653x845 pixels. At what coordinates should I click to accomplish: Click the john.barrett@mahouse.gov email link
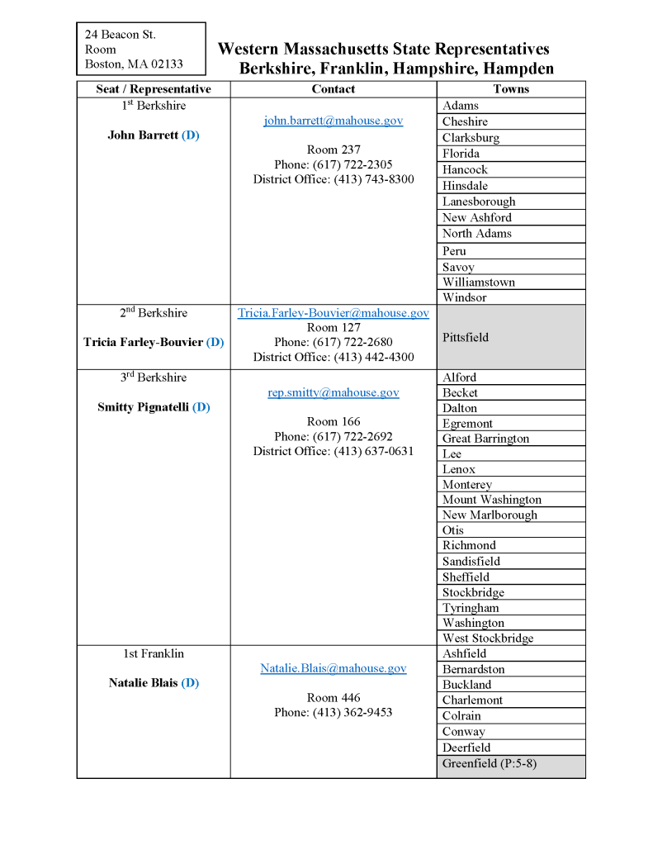(x=333, y=121)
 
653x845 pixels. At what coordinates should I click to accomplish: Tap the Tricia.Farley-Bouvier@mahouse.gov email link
(x=333, y=313)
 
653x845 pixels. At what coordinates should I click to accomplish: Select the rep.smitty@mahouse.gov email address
(x=333, y=392)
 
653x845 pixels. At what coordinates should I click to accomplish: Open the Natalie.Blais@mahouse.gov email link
(x=333, y=668)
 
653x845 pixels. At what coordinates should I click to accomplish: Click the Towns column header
(x=511, y=89)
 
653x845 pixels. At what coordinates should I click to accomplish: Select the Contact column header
(x=333, y=89)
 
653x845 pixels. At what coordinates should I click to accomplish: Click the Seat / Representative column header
(x=154, y=89)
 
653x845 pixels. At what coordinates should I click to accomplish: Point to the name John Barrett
(x=143, y=135)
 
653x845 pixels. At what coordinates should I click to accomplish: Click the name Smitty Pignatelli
(x=144, y=407)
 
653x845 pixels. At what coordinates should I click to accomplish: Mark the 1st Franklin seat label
(x=154, y=653)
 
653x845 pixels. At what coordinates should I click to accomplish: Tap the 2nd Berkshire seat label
(x=154, y=313)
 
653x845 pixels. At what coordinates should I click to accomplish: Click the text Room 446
(x=333, y=698)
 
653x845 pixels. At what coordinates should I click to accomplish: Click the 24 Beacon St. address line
(x=121, y=35)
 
